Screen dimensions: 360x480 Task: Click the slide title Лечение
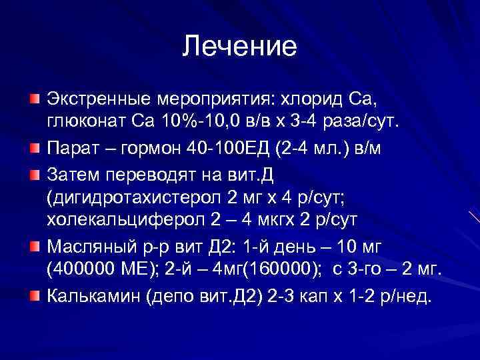pyautogui.click(x=239, y=47)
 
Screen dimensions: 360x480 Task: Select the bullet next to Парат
pyautogui.click(x=34, y=146)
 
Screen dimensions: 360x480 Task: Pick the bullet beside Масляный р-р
pyautogui.click(x=34, y=246)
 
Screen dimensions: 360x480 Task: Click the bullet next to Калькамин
pyautogui.click(x=34, y=294)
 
